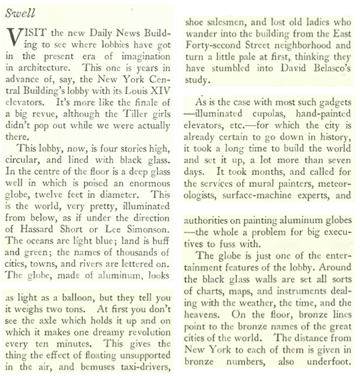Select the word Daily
(x=100, y=31)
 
